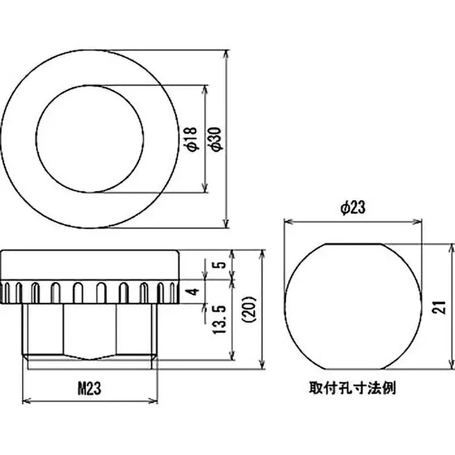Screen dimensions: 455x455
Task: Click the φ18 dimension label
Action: coord(192,139)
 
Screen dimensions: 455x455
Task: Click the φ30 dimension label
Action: coord(216,139)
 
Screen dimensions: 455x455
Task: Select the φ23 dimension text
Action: coord(352,209)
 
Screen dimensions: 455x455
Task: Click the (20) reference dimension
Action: coord(251,309)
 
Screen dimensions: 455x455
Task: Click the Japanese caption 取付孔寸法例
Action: coord(352,389)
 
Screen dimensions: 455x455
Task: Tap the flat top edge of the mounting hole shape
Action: coord(353,244)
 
